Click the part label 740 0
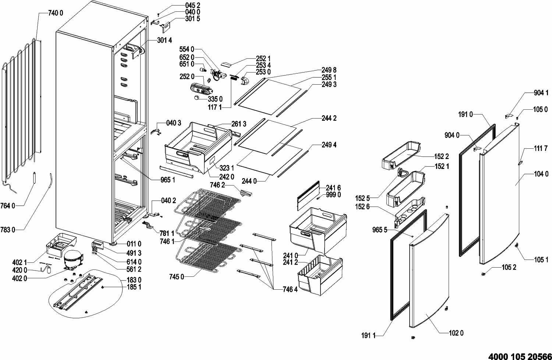56,13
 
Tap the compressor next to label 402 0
73,260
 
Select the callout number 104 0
541,174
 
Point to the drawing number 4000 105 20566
520,357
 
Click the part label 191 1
368,336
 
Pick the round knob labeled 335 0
197,98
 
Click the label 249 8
329,70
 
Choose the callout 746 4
290,289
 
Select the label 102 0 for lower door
456,333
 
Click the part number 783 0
8,230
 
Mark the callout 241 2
290,262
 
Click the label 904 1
541,93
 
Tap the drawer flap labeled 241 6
308,195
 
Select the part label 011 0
134,244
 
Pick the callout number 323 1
227,168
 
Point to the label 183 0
134,280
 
